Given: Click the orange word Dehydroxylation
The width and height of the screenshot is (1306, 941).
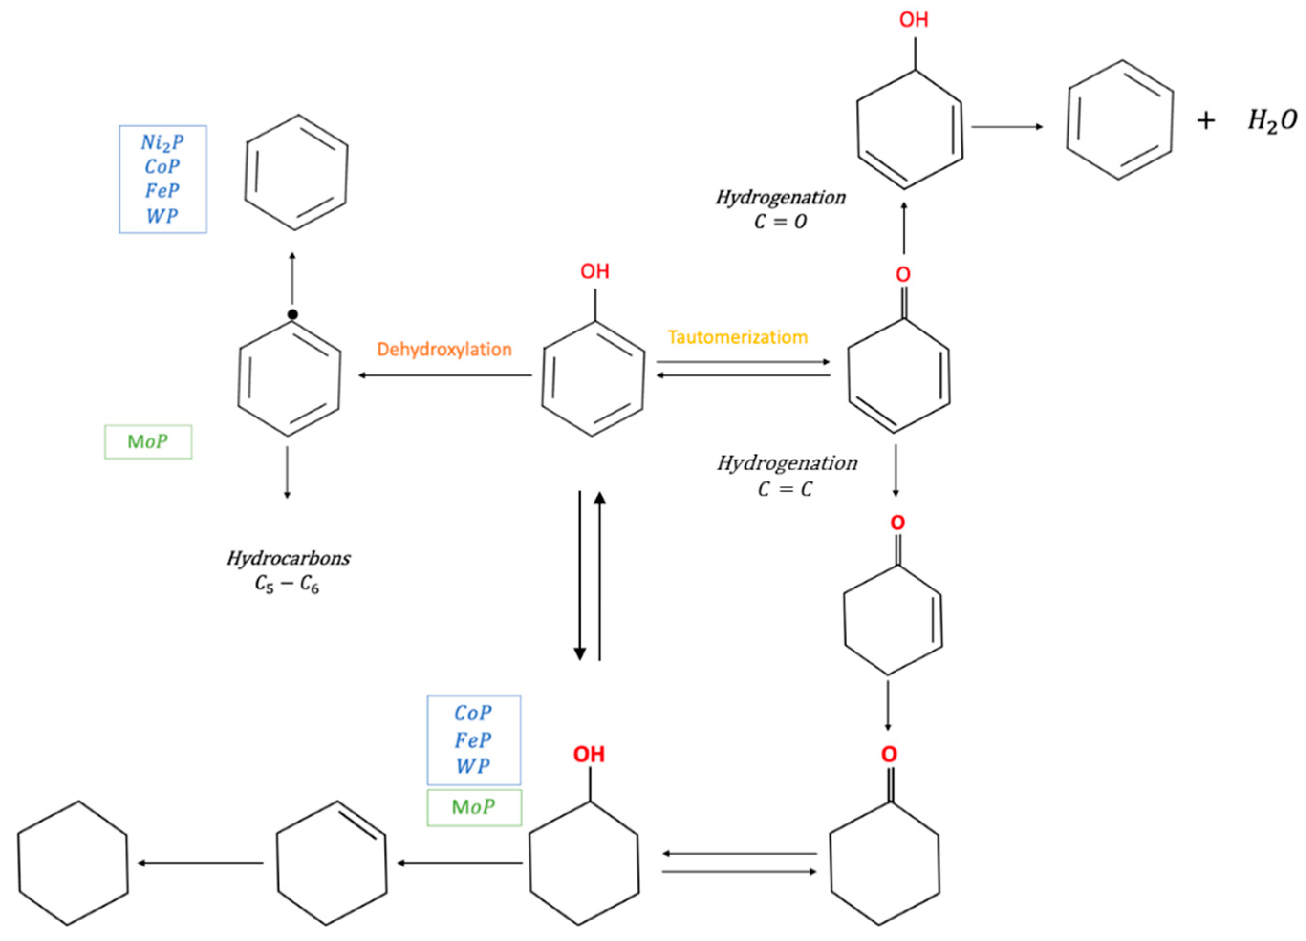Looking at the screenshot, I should pyautogui.click(x=444, y=349).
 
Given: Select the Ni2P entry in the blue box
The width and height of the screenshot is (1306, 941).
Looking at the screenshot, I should pyautogui.click(x=162, y=142).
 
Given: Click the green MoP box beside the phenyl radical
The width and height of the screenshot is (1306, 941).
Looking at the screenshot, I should pyautogui.click(x=148, y=441).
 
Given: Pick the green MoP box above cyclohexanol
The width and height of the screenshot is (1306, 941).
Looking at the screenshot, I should pyautogui.click(x=474, y=807).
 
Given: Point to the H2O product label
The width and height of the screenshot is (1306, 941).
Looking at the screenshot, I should pyautogui.click(x=1272, y=121).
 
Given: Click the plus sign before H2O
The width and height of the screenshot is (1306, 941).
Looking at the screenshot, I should pyautogui.click(x=1205, y=121).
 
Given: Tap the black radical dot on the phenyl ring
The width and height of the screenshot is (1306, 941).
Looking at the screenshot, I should pyautogui.click(x=292, y=314).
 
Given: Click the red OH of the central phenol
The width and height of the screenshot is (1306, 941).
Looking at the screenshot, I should pyautogui.click(x=594, y=271).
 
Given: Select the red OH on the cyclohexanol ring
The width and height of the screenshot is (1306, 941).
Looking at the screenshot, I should pyautogui.click(x=589, y=754).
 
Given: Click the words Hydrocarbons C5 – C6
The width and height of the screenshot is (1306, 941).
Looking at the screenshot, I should pyautogui.click(x=288, y=571).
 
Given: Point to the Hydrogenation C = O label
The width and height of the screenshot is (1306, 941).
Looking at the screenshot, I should pyautogui.click(x=780, y=209).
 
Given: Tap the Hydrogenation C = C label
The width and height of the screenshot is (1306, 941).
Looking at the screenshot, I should pyautogui.click(x=787, y=475).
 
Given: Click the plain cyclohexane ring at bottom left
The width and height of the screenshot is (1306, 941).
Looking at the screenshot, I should pyautogui.click(x=73, y=862).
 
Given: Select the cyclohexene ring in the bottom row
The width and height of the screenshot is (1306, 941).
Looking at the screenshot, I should pyautogui.click(x=331, y=862).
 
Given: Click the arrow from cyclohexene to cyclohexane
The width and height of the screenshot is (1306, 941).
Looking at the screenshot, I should pyautogui.click(x=200, y=863).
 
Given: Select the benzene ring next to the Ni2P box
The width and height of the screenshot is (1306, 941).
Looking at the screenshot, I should pyautogui.click(x=296, y=172).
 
